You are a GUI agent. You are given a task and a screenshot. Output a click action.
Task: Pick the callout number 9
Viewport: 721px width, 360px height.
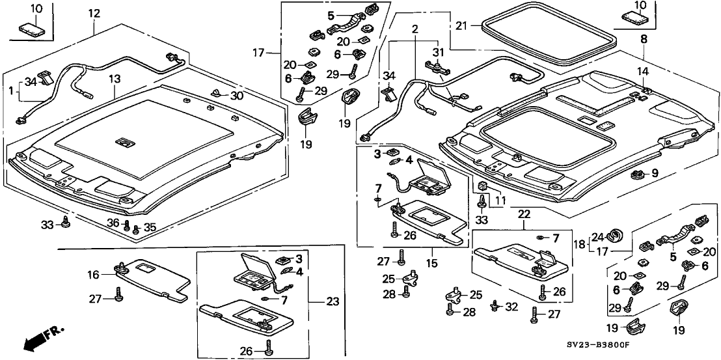pos(655,173)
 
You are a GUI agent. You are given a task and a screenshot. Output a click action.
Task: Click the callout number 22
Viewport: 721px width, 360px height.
pos(524,214)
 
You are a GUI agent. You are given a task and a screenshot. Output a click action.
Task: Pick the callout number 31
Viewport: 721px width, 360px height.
pos(437,52)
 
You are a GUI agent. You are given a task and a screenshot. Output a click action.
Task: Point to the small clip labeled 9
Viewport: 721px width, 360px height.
pos(638,174)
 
